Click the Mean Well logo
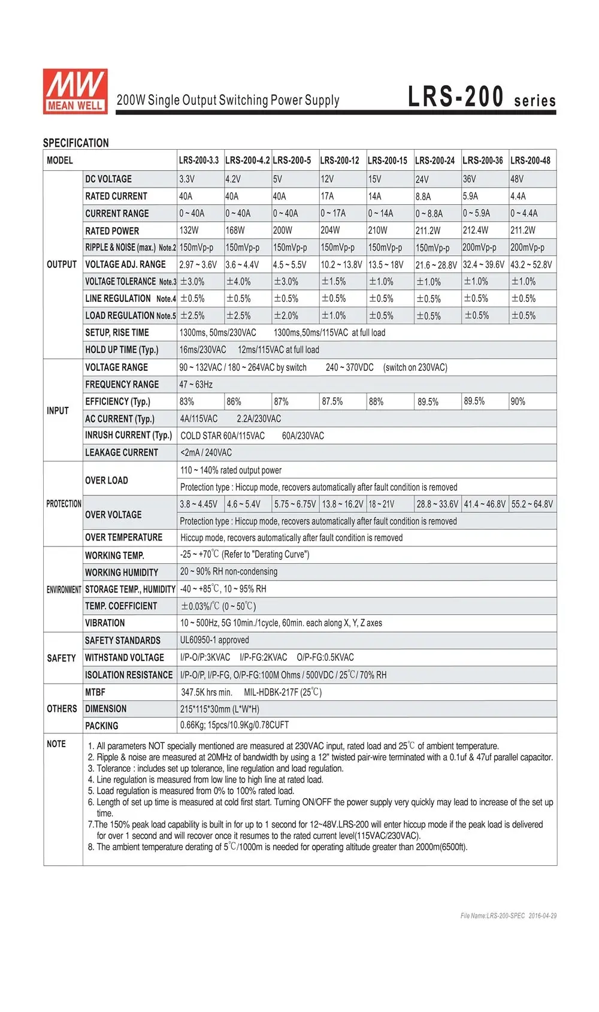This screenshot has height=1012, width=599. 75,90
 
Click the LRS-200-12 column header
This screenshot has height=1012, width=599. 340,161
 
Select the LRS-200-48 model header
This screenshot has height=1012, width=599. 530,161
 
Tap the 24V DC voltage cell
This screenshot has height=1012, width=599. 422,179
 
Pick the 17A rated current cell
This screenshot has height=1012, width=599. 327,196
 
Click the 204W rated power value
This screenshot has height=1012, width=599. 330,230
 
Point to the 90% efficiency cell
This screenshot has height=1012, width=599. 518,401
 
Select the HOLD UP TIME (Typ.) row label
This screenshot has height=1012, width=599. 122,350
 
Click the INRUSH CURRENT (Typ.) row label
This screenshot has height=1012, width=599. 128,436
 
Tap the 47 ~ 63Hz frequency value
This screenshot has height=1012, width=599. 196,385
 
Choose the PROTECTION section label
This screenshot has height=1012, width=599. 63,504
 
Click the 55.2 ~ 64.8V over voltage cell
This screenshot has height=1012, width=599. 532,505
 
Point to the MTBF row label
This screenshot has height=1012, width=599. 95,692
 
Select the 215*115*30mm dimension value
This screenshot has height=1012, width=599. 220,709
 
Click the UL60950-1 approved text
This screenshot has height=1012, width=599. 214,641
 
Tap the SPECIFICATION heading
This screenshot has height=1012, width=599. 76,143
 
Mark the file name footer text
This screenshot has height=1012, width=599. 509,916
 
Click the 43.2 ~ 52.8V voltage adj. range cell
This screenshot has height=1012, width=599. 531,265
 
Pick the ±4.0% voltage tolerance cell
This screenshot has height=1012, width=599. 238,282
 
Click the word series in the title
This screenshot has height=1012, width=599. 535,101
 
